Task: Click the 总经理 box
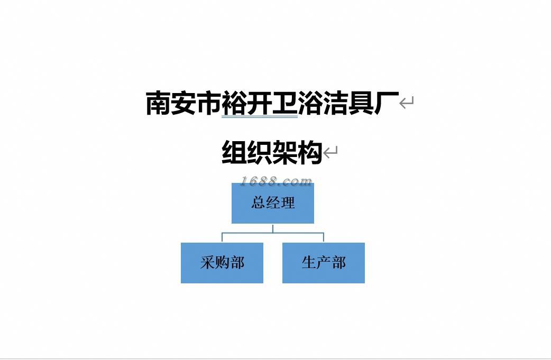(x=272, y=204)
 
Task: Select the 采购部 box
(x=222, y=263)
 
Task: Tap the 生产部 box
(x=323, y=263)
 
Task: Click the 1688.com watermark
(x=276, y=181)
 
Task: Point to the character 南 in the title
(x=158, y=103)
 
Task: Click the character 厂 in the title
(x=386, y=103)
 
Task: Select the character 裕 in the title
(x=234, y=103)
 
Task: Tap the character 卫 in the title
(x=285, y=103)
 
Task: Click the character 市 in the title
(x=209, y=103)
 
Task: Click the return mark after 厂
(x=406, y=103)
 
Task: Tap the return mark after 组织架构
(x=330, y=153)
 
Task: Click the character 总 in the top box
(x=258, y=203)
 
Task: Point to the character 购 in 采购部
(x=222, y=263)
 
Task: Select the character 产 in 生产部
(x=323, y=263)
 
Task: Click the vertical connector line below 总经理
(x=273, y=228)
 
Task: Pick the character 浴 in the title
(x=310, y=103)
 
